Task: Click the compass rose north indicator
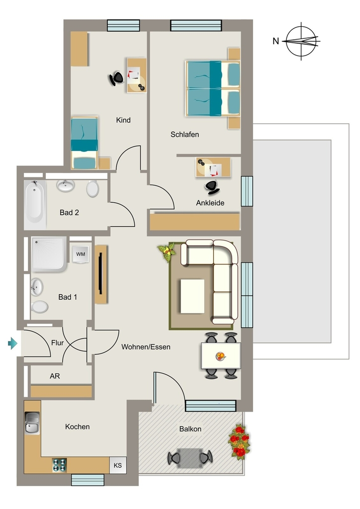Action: (301, 41)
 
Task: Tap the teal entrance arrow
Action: (12, 343)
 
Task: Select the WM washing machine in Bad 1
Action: (80, 254)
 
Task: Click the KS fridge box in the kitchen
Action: (117, 465)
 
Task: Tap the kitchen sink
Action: (32, 423)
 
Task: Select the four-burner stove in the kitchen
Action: (59, 465)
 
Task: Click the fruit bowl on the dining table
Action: (220, 356)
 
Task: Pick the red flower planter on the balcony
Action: (240, 442)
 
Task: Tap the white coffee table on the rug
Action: (192, 296)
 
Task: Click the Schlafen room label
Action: (184, 134)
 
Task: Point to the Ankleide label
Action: (210, 203)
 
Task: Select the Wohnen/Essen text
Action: (146, 347)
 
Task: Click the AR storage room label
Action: (55, 376)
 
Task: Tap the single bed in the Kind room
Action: (85, 143)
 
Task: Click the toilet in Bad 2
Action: (92, 188)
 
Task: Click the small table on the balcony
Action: (190, 458)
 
